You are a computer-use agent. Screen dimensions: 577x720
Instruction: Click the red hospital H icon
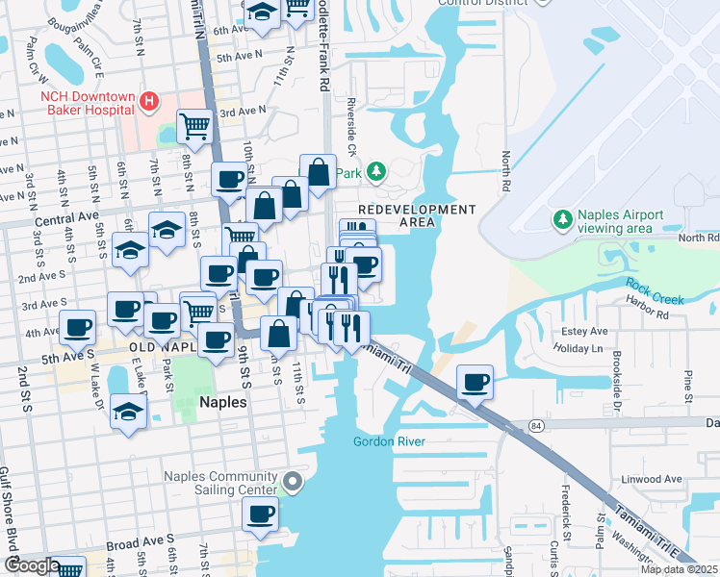coord(149,101)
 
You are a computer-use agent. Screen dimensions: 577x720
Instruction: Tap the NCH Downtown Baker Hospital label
coord(87,103)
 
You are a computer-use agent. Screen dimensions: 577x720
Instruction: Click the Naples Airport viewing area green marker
coord(562,220)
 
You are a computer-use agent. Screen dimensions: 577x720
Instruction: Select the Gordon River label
coord(387,441)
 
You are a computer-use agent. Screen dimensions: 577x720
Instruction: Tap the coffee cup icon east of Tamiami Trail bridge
coord(475,382)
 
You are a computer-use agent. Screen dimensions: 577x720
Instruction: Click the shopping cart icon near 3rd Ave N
coord(194,125)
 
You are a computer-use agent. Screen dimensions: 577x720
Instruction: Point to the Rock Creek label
coord(655,292)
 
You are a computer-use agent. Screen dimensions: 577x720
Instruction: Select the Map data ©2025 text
coord(678,569)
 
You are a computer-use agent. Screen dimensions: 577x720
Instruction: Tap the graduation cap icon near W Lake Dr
coord(128,410)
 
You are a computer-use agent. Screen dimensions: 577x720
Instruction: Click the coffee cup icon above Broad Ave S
coord(258,514)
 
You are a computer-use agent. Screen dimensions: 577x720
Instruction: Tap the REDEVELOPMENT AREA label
coord(417,215)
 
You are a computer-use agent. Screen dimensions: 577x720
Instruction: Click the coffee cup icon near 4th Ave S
coord(77,327)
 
